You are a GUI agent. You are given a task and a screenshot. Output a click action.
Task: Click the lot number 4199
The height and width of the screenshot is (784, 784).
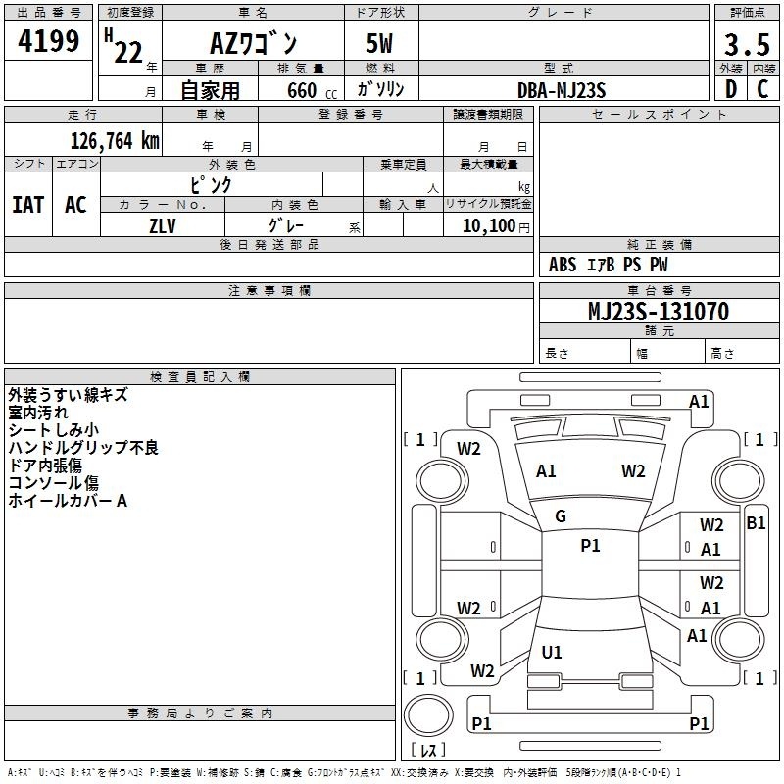pyautogui.click(x=48, y=40)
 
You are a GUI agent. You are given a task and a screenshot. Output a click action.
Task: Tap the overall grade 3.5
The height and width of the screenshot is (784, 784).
pyautogui.click(x=747, y=44)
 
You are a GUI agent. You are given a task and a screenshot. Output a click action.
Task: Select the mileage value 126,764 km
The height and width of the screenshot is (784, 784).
pyautogui.click(x=115, y=141)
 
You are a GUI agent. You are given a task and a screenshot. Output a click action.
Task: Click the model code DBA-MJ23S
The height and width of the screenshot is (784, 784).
pyautogui.click(x=562, y=90)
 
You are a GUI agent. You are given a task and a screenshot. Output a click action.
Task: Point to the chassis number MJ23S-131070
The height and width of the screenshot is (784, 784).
pyautogui.click(x=659, y=311)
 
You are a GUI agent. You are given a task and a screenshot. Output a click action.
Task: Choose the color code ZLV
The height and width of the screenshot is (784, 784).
pyautogui.click(x=163, y=226)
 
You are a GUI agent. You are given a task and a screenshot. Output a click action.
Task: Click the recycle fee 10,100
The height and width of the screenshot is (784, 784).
pyautogui.click(x=489, y=226)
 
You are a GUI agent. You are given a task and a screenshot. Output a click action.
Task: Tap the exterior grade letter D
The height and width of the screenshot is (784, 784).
pyautogui.click(x=731, y=89)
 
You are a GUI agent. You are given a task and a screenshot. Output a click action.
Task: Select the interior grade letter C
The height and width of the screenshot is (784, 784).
pyautogui.click(x=762, y=89)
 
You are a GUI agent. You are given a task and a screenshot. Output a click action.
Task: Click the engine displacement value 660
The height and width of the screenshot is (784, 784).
pyautogui.click(x=302, y=90)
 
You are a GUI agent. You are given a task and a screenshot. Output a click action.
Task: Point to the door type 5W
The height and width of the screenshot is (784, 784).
pyautogui.click(x=379, y=43)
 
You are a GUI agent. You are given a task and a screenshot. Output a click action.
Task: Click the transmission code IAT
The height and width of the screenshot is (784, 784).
pyautogui.click(x=27, y=205)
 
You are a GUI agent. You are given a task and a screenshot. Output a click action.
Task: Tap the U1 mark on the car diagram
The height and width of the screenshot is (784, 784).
pyautogui.click(x=552, y=652)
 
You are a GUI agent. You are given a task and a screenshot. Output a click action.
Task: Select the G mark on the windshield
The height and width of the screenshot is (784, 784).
pyautogui.click(x=561, y=516)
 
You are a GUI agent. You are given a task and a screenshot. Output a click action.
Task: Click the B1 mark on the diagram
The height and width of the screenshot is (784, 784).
pyautogui.click(x=756, y=523)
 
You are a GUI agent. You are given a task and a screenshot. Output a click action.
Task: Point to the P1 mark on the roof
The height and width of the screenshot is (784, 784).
pyautogui.click(x=590, y=545)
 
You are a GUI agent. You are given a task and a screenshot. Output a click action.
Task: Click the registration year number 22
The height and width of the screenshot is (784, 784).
pyautogui.click(x=128, y=52)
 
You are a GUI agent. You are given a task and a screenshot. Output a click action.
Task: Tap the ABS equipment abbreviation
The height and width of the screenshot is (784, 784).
pyautogui.click(x=563, y=265)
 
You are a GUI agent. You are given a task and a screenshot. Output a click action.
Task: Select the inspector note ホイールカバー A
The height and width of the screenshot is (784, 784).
pyautogui.click(x=68, y=501)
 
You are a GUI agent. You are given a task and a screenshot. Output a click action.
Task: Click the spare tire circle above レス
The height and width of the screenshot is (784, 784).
pyautogui.click(x=428, y=715)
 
